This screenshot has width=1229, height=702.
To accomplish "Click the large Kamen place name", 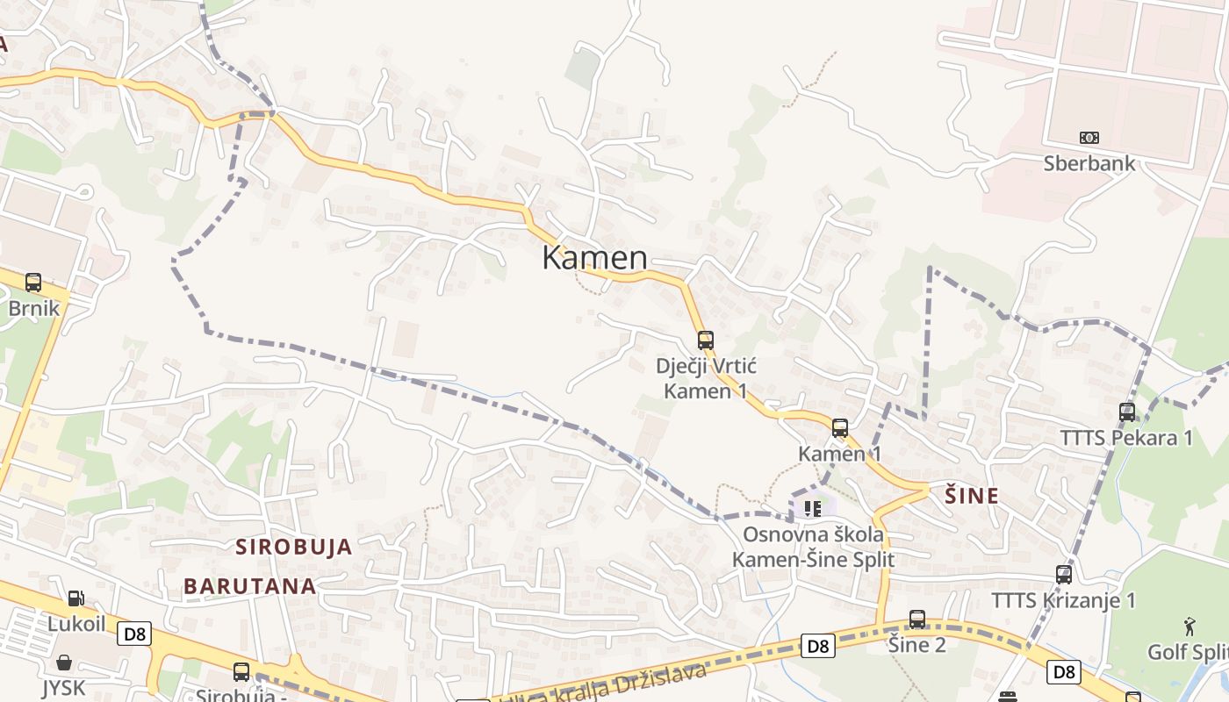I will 595,258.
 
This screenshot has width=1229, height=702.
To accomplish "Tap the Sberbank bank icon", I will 1089,138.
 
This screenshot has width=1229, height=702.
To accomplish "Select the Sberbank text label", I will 1089,163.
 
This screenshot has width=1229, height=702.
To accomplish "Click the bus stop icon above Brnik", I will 33,283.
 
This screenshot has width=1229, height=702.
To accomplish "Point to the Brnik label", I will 33,308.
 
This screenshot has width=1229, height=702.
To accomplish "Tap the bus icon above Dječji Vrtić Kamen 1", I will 706,340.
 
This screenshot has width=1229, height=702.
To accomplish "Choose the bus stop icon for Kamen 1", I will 840,428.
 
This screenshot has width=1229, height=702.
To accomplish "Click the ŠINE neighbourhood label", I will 972,496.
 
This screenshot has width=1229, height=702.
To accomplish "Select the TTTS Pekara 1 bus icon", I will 1127,412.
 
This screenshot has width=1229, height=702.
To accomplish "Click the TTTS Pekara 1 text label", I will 1126,437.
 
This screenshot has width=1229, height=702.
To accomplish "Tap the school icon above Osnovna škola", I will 813,508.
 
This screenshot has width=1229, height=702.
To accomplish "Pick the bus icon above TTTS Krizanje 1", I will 1064,575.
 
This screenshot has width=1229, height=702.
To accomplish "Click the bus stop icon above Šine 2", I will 917,620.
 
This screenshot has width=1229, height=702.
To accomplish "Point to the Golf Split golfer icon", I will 1189,627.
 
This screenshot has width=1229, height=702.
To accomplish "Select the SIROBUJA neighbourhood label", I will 294,547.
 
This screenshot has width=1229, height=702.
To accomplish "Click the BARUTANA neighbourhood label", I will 250,586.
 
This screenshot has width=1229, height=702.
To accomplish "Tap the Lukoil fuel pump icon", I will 76,598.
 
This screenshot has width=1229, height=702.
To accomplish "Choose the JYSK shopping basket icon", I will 63,662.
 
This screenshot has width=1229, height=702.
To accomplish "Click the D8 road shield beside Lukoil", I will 136,634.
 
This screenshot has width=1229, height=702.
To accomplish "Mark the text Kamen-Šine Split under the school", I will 814,560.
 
